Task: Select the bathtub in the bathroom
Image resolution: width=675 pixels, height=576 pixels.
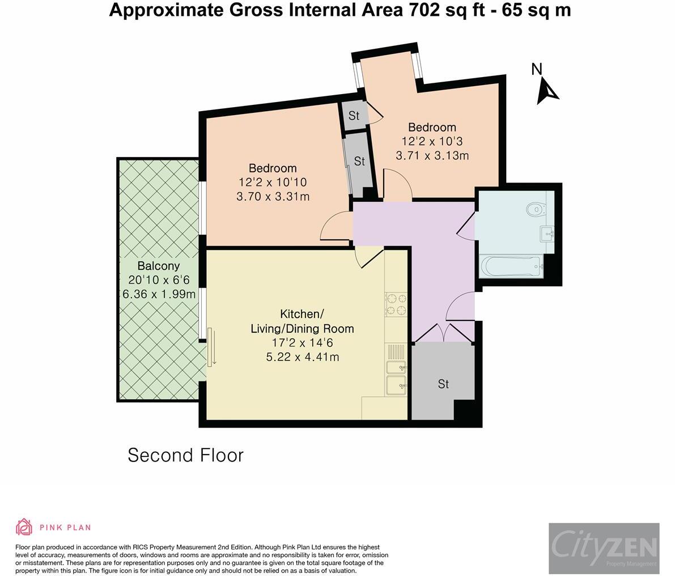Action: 511,267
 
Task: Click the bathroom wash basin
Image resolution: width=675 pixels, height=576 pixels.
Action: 547,234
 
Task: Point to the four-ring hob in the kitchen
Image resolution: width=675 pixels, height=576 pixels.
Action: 396,304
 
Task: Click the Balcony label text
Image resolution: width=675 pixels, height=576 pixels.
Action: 159,266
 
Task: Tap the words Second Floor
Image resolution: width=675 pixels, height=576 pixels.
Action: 185,455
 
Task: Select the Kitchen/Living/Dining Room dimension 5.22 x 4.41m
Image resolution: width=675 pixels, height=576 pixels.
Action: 303,357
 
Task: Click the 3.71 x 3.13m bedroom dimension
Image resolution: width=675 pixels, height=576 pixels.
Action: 432,155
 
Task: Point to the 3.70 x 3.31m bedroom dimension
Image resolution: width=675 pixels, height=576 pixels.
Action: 273,196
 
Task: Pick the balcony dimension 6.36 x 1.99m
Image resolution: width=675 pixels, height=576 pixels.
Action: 159,294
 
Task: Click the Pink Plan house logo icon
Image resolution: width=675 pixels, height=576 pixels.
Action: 24,527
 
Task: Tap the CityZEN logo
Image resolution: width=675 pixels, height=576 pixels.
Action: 604,548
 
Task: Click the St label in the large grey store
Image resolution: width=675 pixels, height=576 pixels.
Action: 443,384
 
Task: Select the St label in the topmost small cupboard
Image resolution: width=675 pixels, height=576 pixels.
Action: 354,116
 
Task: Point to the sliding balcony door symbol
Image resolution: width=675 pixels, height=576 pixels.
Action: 211,346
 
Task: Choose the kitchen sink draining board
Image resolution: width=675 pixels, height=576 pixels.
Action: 396,351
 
